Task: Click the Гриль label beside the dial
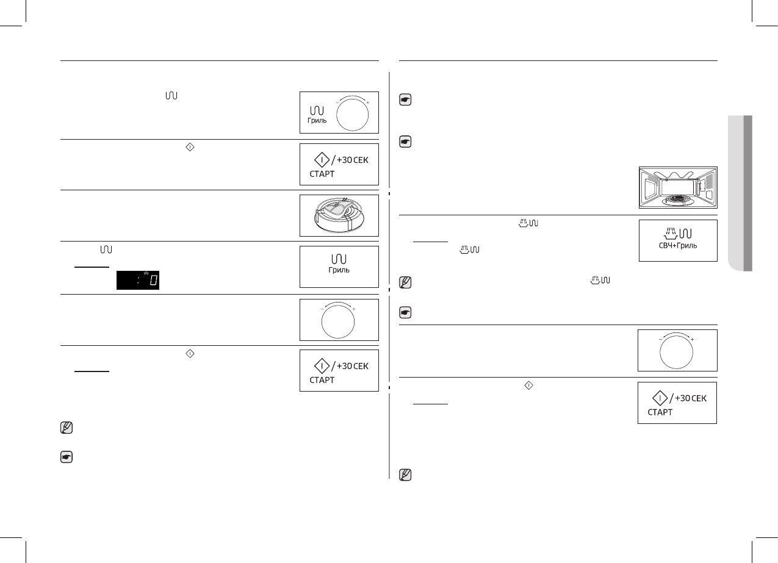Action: coord(317,121)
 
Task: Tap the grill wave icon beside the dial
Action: coord(317,111)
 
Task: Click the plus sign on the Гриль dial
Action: coord(368,102)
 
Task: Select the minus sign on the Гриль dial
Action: coord(336,102)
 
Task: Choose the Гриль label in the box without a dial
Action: coord(339,270)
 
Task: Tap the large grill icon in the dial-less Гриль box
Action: coord(339,259)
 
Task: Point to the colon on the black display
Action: coord(139,281)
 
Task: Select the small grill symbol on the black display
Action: coord(146,273)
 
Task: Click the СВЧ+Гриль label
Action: coord(678,245)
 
